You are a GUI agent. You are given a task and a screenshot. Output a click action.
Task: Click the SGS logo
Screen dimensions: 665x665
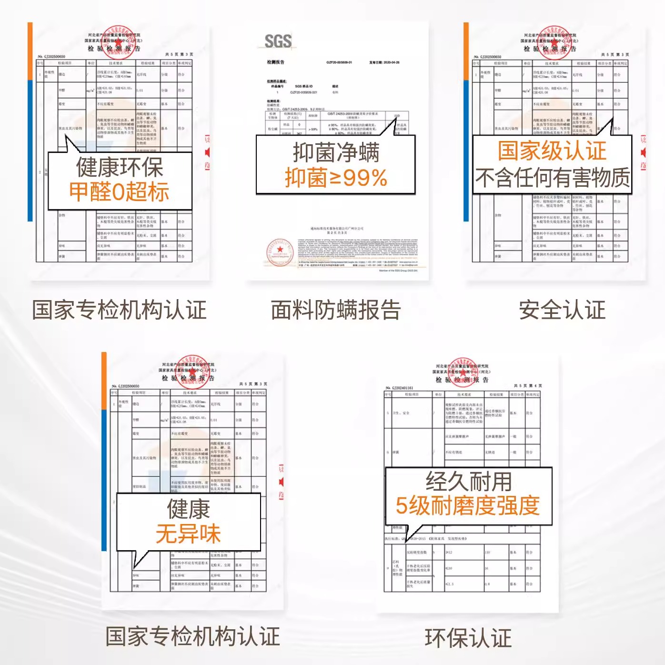click(278, 41)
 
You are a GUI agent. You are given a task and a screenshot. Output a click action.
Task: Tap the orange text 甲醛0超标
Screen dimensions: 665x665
click(119, 192)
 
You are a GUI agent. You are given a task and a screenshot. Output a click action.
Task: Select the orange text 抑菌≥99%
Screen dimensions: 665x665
click(336, 178)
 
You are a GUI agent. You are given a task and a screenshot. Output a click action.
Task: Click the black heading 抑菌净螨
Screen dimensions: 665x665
click(336, 153)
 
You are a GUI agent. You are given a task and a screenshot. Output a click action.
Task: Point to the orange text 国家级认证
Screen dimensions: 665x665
click(552, 151)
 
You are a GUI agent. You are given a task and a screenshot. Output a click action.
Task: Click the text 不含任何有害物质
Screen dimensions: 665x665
click(552, 178)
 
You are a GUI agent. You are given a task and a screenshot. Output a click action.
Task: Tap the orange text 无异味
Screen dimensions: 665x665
click(188, 534)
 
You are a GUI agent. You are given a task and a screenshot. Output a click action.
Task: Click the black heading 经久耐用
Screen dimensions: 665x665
click(469, 481)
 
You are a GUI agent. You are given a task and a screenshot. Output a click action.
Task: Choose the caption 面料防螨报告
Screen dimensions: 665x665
click(336, 310)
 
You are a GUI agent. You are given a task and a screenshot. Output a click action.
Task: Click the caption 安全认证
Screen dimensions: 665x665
click(562, 310)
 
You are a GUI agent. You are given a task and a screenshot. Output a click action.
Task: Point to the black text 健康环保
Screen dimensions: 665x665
click(120, 167)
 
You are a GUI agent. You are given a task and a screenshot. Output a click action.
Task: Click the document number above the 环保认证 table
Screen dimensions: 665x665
click(399, 388)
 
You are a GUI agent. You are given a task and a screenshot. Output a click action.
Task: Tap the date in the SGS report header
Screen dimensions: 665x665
click(384, 62)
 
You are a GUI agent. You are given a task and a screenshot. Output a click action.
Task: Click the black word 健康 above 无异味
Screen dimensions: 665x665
click(188, 509)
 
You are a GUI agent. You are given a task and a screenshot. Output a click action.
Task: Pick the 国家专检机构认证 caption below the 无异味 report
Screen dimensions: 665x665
click(192, 636)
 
